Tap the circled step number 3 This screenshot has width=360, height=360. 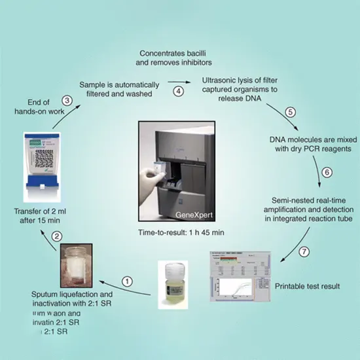tap(66, 100)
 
